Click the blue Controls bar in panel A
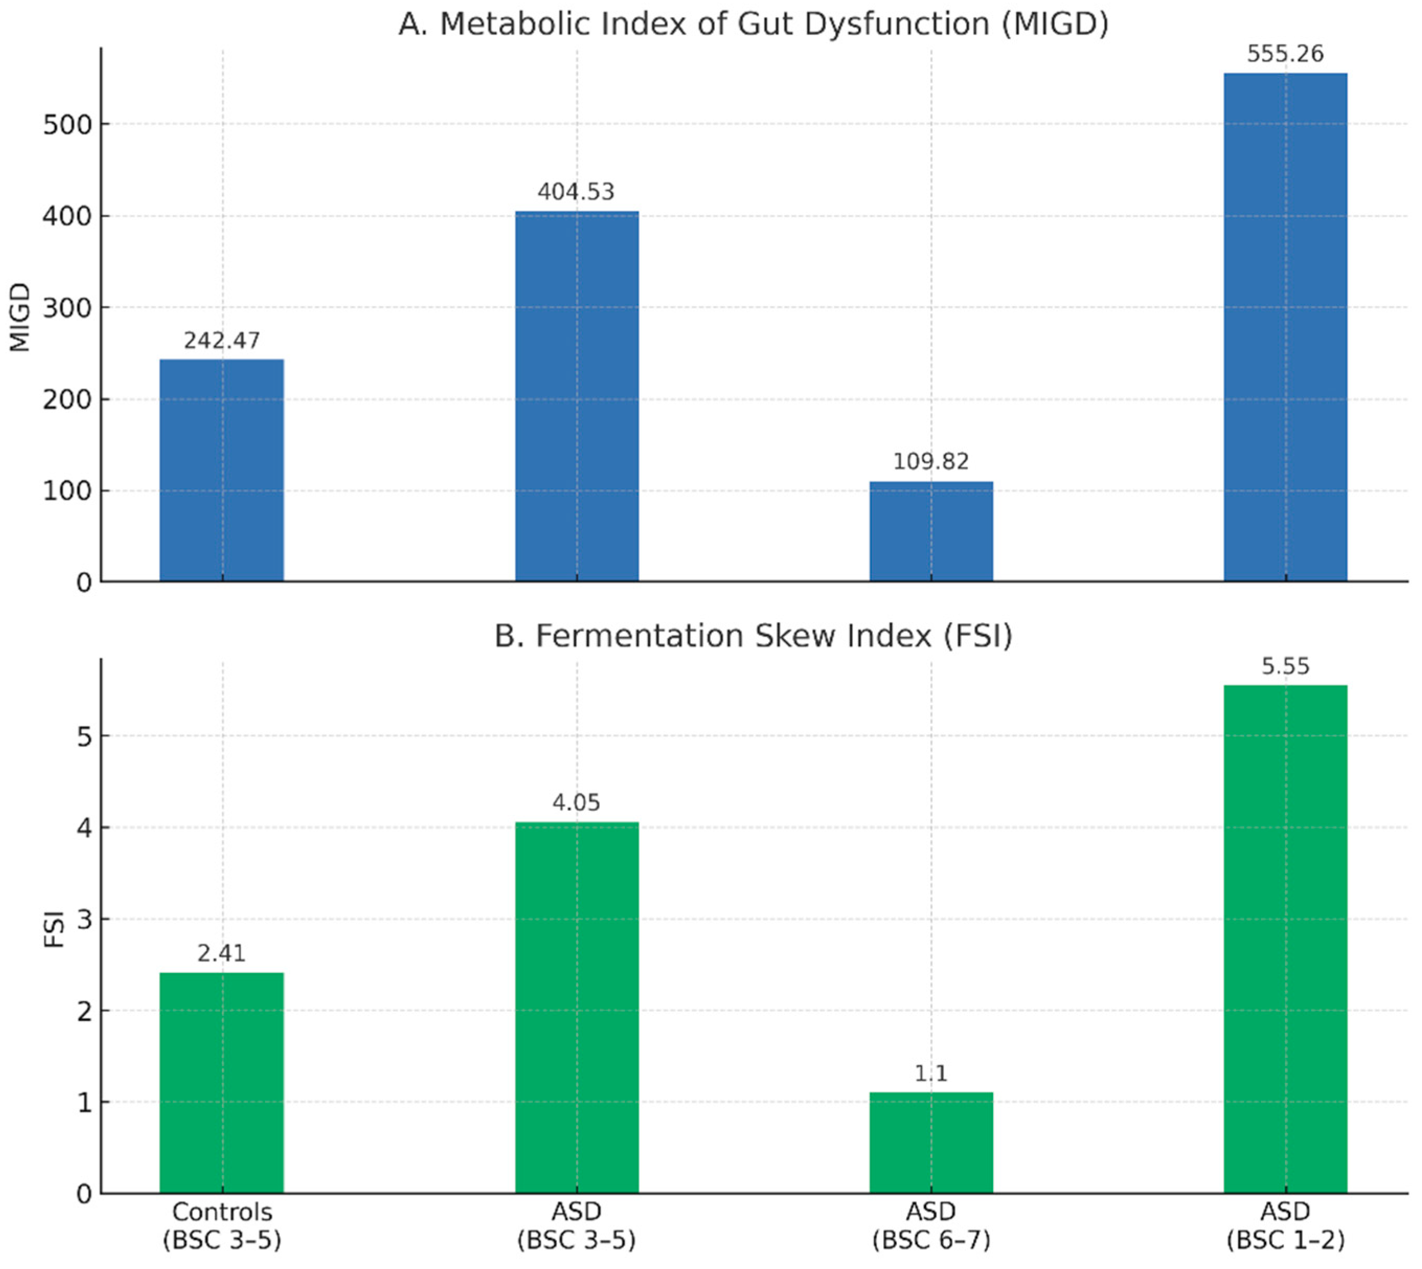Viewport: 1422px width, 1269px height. [x=222, y=470]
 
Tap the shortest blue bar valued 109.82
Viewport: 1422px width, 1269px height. [x=931, y=531]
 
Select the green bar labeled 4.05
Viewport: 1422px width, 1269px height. [x=577, y=1008]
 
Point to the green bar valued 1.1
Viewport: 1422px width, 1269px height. [x=931, y=1143]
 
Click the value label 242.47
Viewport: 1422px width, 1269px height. [x=222, y=340]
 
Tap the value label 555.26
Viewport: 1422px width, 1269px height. [x=1286, y=54]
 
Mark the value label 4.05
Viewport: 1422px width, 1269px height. [x=577, y=803]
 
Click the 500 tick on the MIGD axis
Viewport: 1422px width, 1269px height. [x=67, y=125]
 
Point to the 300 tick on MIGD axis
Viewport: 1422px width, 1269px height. [x=67, y=308]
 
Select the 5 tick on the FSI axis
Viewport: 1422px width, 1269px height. [x=84, y=736]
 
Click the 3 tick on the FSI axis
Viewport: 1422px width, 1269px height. [x=84, y=920]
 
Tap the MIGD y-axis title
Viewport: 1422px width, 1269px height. [x=19, y=317]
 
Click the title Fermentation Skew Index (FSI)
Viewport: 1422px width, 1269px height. [x=753, y=636]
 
